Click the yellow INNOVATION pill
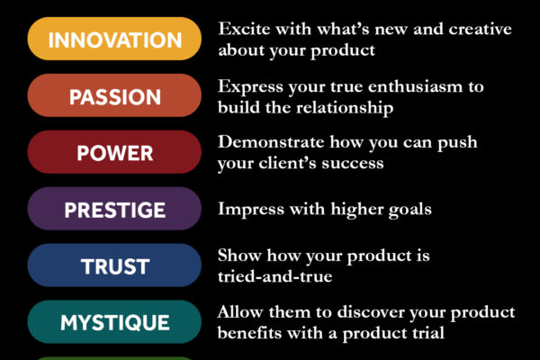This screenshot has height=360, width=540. (114, 39)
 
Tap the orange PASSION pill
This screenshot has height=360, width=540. (114, 95)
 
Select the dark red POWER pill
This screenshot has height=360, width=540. (114, 152)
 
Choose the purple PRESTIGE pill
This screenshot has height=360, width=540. (114, 209)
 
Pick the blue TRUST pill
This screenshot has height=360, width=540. (114, 265)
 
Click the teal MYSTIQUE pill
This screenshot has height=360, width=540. (114, 322)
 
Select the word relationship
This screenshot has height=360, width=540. (345, 107)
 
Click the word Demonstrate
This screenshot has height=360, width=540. (271, 142)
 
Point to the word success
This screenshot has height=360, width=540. (353, 164)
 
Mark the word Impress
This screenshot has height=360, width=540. (251, 209)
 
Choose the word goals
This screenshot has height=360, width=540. (409, 210)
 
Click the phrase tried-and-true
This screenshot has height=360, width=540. (275, 276)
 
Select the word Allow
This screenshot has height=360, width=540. (240, 312)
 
